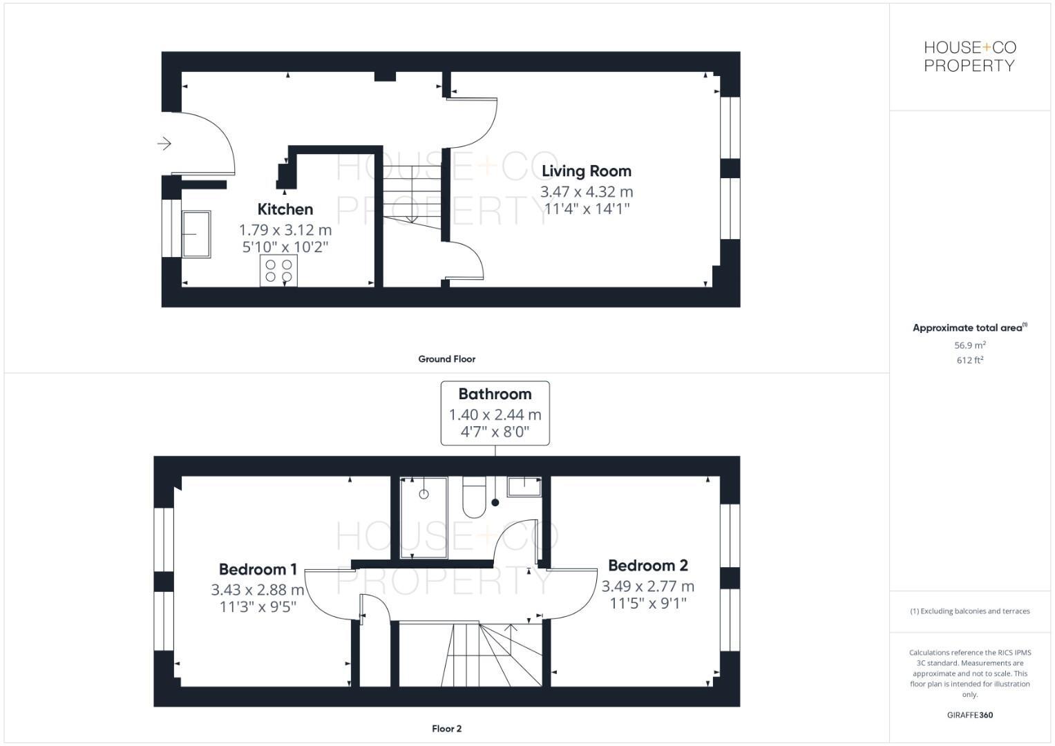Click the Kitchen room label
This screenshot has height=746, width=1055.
[x=285, y=209]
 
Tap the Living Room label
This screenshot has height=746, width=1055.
[x=586, y=171]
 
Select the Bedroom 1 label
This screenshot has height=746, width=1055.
[x=258, y=569]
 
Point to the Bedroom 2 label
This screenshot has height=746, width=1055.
[x=647, y=565]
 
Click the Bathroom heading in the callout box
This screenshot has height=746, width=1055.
[x=495, y=394]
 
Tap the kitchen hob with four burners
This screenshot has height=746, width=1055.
[x=279, y=271]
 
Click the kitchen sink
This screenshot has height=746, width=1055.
[x=196, y=234]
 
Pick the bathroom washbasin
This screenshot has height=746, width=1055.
[x=524, y=486]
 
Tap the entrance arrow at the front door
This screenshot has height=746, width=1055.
[x=164, y=144]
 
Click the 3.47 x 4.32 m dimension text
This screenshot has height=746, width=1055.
[x=586, y=192]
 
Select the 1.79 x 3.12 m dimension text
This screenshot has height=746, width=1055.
[x=285, y=230]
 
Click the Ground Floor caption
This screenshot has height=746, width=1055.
[x=446, y=359]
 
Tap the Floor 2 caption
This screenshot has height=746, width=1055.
[x=446, y=729]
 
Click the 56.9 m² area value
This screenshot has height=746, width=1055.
[x=969, y=345]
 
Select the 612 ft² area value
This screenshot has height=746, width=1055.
[x=969, y=361]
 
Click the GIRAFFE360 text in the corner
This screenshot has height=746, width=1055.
[x=969, y=716]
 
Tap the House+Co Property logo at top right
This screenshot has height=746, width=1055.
[x=969, y=57]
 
